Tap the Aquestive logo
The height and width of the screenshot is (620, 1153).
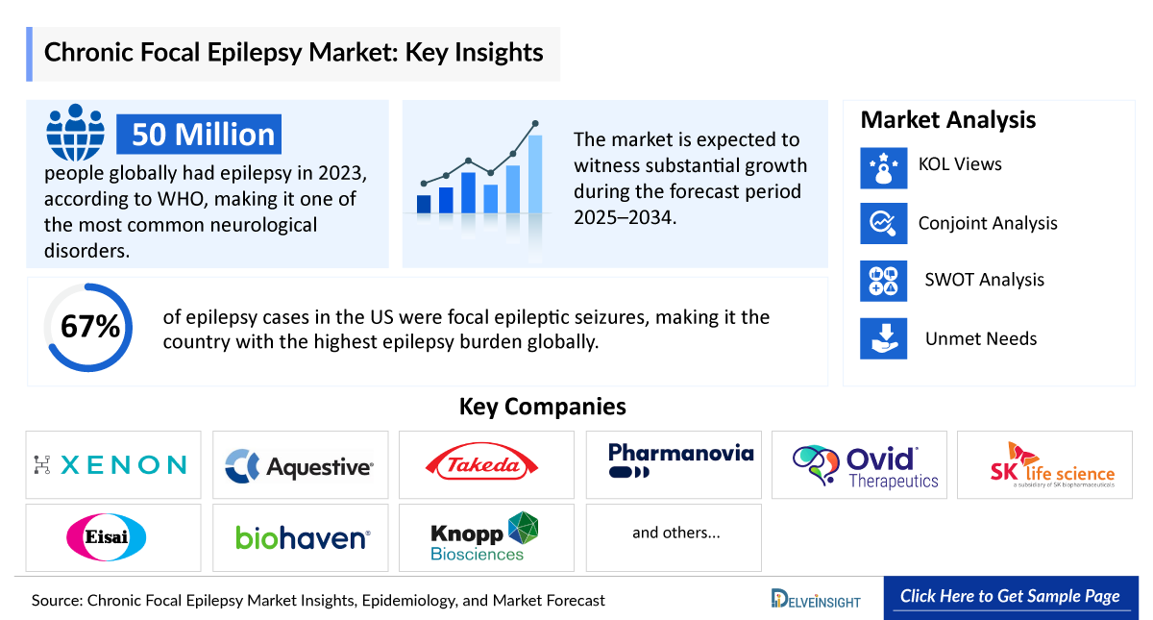300,466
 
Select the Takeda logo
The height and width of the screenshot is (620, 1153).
486,465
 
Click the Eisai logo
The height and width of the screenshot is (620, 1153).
107,536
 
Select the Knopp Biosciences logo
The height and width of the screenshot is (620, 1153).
485,536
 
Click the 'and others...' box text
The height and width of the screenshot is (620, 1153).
675,533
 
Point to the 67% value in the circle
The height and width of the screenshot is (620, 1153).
90,327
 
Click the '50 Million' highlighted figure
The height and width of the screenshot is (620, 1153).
203,134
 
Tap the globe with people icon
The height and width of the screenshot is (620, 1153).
76,133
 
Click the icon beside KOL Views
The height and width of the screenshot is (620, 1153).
883,165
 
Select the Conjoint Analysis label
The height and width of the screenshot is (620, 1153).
988,223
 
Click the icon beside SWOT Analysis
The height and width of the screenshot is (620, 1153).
883,281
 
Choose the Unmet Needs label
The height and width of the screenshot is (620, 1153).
981,338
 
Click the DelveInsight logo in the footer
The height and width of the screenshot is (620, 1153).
816,599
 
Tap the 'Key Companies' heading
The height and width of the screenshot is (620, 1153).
542,407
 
